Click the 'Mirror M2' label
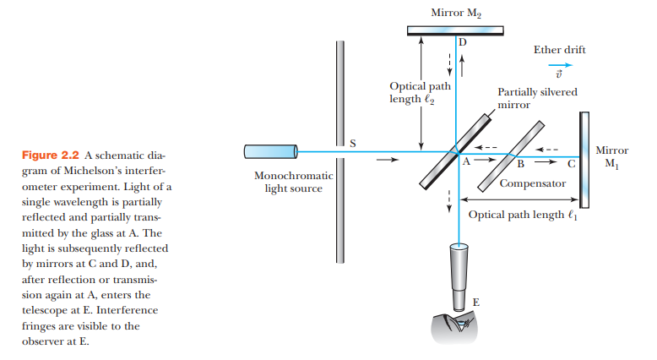point(455,12)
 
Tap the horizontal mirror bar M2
point(455,31)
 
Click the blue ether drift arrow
point(558,64)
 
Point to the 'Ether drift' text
point(559,50)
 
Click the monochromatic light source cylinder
point(267,151)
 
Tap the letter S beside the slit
point(353,143)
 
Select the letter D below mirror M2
point(462,41)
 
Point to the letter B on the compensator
point(519,163)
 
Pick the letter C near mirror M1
point(571,163)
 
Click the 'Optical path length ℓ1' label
point(523,215)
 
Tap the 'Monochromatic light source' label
point(294,182)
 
